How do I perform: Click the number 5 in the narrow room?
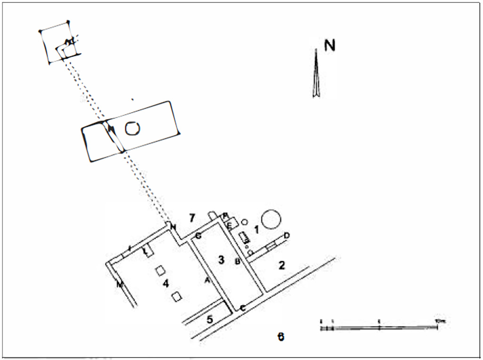[x=210, y=319]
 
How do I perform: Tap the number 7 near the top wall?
[x=192, y=218]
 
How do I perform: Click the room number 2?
[x=282, y=265]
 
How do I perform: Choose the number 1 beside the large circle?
[x=257, y=230]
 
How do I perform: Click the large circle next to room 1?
[x=271, y=220]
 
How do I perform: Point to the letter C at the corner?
[x=242, y=308]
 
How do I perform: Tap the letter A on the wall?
[x=207, y=280]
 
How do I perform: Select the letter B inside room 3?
[x=238, y=261]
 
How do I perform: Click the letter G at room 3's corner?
[x=199, y=235]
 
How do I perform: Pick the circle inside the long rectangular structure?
[x=132, y=128]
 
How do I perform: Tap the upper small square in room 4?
[x=160, y=270]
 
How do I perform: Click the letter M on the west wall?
[x=120, y=284]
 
